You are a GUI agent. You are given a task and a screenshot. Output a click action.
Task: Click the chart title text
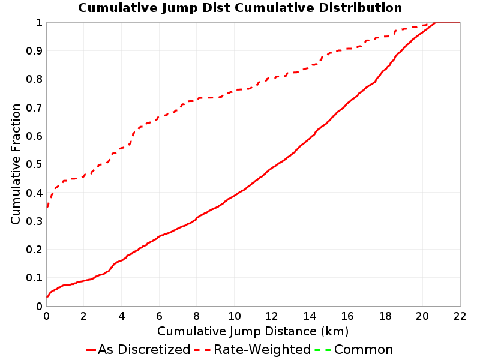(240, 8)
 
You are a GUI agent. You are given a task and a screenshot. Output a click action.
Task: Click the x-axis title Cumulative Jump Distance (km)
(253, 332)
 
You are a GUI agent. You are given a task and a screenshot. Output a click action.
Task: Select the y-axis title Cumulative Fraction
(16, 164)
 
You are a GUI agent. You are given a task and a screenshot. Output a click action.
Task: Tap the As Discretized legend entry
(138, 350)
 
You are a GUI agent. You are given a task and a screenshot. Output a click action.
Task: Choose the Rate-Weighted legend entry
(253, 350)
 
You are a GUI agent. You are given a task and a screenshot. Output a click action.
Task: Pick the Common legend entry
(354, 350)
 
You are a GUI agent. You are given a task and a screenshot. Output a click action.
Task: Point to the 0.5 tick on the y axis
(34, 164)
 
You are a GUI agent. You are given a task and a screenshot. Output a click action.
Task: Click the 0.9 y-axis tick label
(34, 51)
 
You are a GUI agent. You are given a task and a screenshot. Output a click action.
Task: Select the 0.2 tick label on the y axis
(34, 250)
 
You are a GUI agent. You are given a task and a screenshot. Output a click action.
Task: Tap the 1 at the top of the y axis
(39, 22)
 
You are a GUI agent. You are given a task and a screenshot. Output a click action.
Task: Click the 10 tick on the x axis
(234, 316)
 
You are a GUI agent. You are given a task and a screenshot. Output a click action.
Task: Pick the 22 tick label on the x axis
(460, 316)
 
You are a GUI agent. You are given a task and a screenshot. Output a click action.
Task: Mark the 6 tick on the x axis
(159, 316)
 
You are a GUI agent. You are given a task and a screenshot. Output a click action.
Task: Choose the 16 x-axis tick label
(347, 316)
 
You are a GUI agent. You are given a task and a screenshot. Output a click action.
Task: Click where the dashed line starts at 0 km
(47, 207)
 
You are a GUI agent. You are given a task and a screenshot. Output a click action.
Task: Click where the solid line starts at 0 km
(47, 296)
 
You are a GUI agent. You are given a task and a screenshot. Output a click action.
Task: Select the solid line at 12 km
(272, 168)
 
